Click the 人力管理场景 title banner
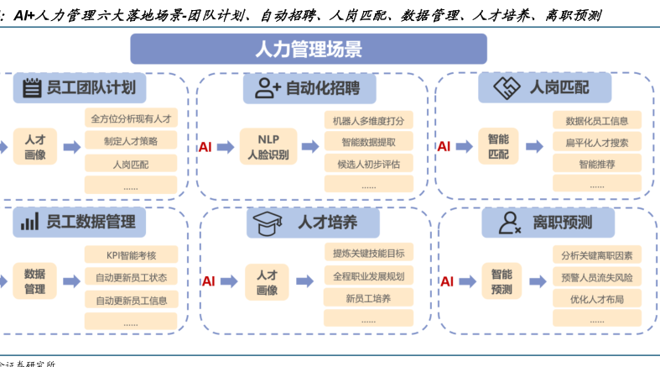coord(308,49)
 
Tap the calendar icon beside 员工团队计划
coord(32,87)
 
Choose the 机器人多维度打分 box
coord(368,120)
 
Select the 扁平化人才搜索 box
coord(597,143)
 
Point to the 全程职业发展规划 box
coord(368,275)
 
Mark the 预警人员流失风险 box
coord(597,277)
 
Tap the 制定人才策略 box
coord(130,141)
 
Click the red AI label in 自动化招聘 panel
coord(205,147)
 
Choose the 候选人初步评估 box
coord(368,164)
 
